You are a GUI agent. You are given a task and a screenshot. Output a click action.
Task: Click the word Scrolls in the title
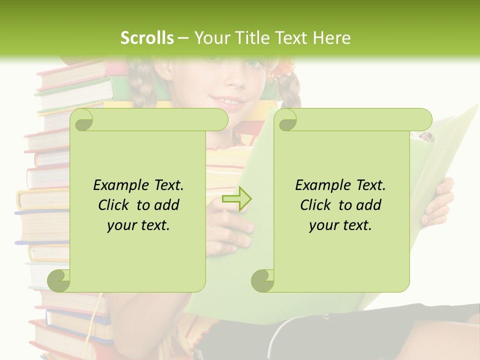[147, 38]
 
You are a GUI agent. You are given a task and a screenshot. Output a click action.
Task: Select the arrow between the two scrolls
[237, 199]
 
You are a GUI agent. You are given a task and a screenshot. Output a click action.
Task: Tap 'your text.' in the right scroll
[340, 225]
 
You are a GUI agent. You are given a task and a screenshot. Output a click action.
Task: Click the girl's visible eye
[254, 64]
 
